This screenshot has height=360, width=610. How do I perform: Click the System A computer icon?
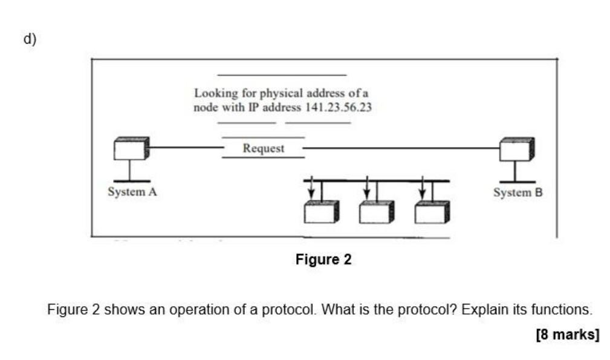click(x=131, y=149)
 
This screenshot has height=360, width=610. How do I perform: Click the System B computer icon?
click(x=516, y=149)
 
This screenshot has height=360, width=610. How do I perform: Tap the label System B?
click(x=518, y=192)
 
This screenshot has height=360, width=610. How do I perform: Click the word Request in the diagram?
click(x=263, y=148)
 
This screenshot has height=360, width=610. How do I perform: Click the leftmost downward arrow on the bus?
click(x=311, y=188)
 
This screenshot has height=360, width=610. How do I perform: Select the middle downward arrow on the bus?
click(x=366, y=188)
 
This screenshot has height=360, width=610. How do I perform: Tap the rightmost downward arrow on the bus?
click(x=422, y=188)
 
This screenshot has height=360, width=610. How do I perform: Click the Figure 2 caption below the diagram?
click(x=323, y=260)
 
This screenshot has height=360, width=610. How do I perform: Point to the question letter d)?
click(x=30, y=39)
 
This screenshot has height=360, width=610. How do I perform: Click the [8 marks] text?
click(x=567, y=334)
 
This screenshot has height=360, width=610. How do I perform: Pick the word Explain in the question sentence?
click(x=482, y=310)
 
